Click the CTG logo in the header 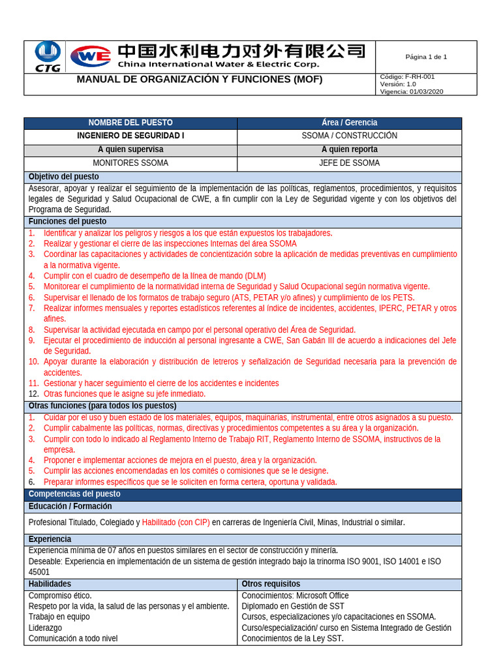(x=47, y=56)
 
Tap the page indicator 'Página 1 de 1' (x=426, y=57)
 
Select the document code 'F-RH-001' (x=420, y=77)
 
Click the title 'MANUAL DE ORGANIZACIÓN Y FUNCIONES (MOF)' (x=200, y=80)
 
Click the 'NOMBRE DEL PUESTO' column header (x=130, y=123)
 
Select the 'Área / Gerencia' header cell (x=349, y=123)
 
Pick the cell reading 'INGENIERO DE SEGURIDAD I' (x=130, y=136)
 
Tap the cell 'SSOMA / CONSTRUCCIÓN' (x=349, y=136)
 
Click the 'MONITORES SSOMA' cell (x=130, y=163)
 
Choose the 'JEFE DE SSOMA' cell (x=349, y=163)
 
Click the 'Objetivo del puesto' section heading (x=64, y=177)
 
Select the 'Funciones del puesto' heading (x=67, y=222)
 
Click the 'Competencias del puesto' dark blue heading (x=74, y=494)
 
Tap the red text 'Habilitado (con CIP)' (x=175, y=523)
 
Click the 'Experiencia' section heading (x=50, y=539)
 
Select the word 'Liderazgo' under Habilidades (x=46, y=628)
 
